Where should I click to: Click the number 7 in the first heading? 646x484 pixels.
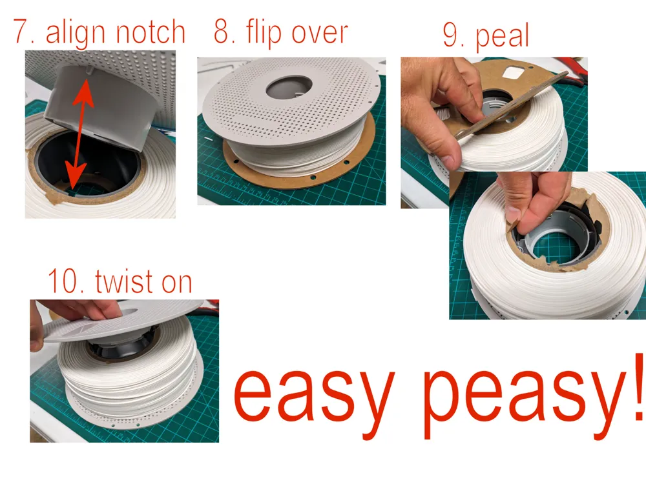click(x=21, y=32)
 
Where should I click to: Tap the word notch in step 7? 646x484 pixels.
click(x=150, y=32)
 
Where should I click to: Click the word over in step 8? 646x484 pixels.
click(x=319, y=34)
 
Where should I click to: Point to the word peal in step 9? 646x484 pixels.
click(x=502, y=37)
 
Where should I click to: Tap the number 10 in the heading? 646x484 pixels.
click(x=64, y=281)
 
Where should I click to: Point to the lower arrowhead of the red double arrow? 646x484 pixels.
click(x=75, y=176)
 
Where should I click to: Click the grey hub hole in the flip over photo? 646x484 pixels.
click(x=289, y=88)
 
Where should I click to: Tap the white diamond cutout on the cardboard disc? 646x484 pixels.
click(x=512, y=73)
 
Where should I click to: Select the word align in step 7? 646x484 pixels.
click(x=76, y=33)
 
